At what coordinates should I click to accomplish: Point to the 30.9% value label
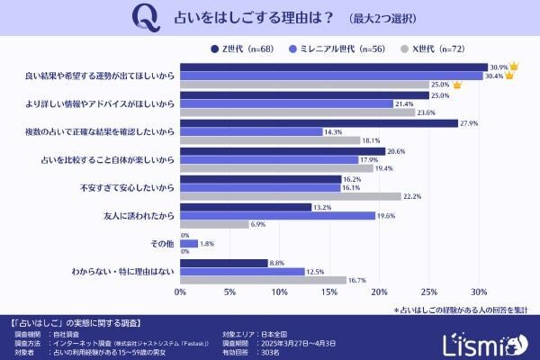coord(498,67)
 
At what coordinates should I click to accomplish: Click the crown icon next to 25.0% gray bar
coord(457,85)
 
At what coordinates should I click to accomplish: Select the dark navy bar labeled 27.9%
coord(319,122)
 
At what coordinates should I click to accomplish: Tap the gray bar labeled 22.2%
coord(291,196)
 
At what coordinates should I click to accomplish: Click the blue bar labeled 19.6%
coord(277,216)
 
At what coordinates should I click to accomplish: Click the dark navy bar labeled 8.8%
coord(224,263)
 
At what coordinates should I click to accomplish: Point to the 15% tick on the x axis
coord(329,292)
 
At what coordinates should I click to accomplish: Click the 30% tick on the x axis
coord(479,292)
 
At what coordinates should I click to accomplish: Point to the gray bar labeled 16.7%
coord(263,281)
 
